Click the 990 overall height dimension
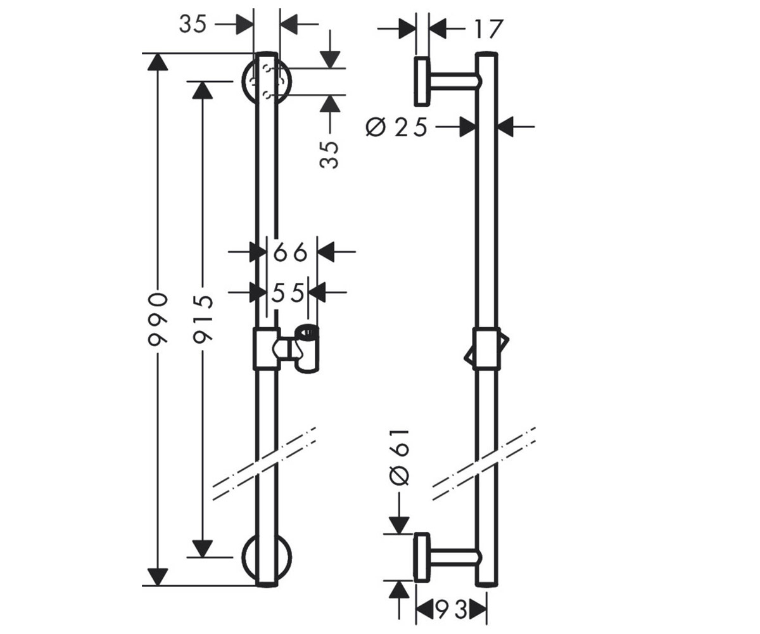click(158, 318)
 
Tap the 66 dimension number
click(290, 252)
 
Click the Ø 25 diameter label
click(396, 127)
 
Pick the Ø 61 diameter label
click(399, 458)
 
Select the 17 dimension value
click(488, 29)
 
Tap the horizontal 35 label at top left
click(193, 25)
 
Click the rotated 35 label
click(329, 155)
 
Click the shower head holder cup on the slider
click(307, 349)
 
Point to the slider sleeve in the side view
click(486, 349)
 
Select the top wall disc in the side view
click(422, 82)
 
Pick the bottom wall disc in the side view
click(422, 557)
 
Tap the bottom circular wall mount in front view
click(267, 558)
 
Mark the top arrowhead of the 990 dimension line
click(158, 62)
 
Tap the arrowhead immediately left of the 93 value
click(424, 609)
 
